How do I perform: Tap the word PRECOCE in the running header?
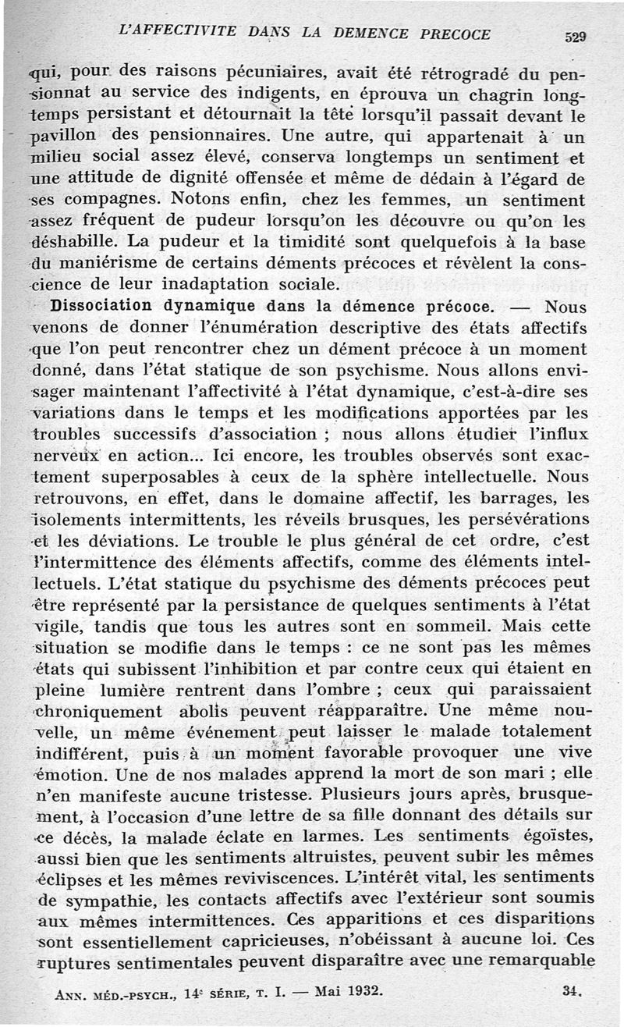coord(456,34)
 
